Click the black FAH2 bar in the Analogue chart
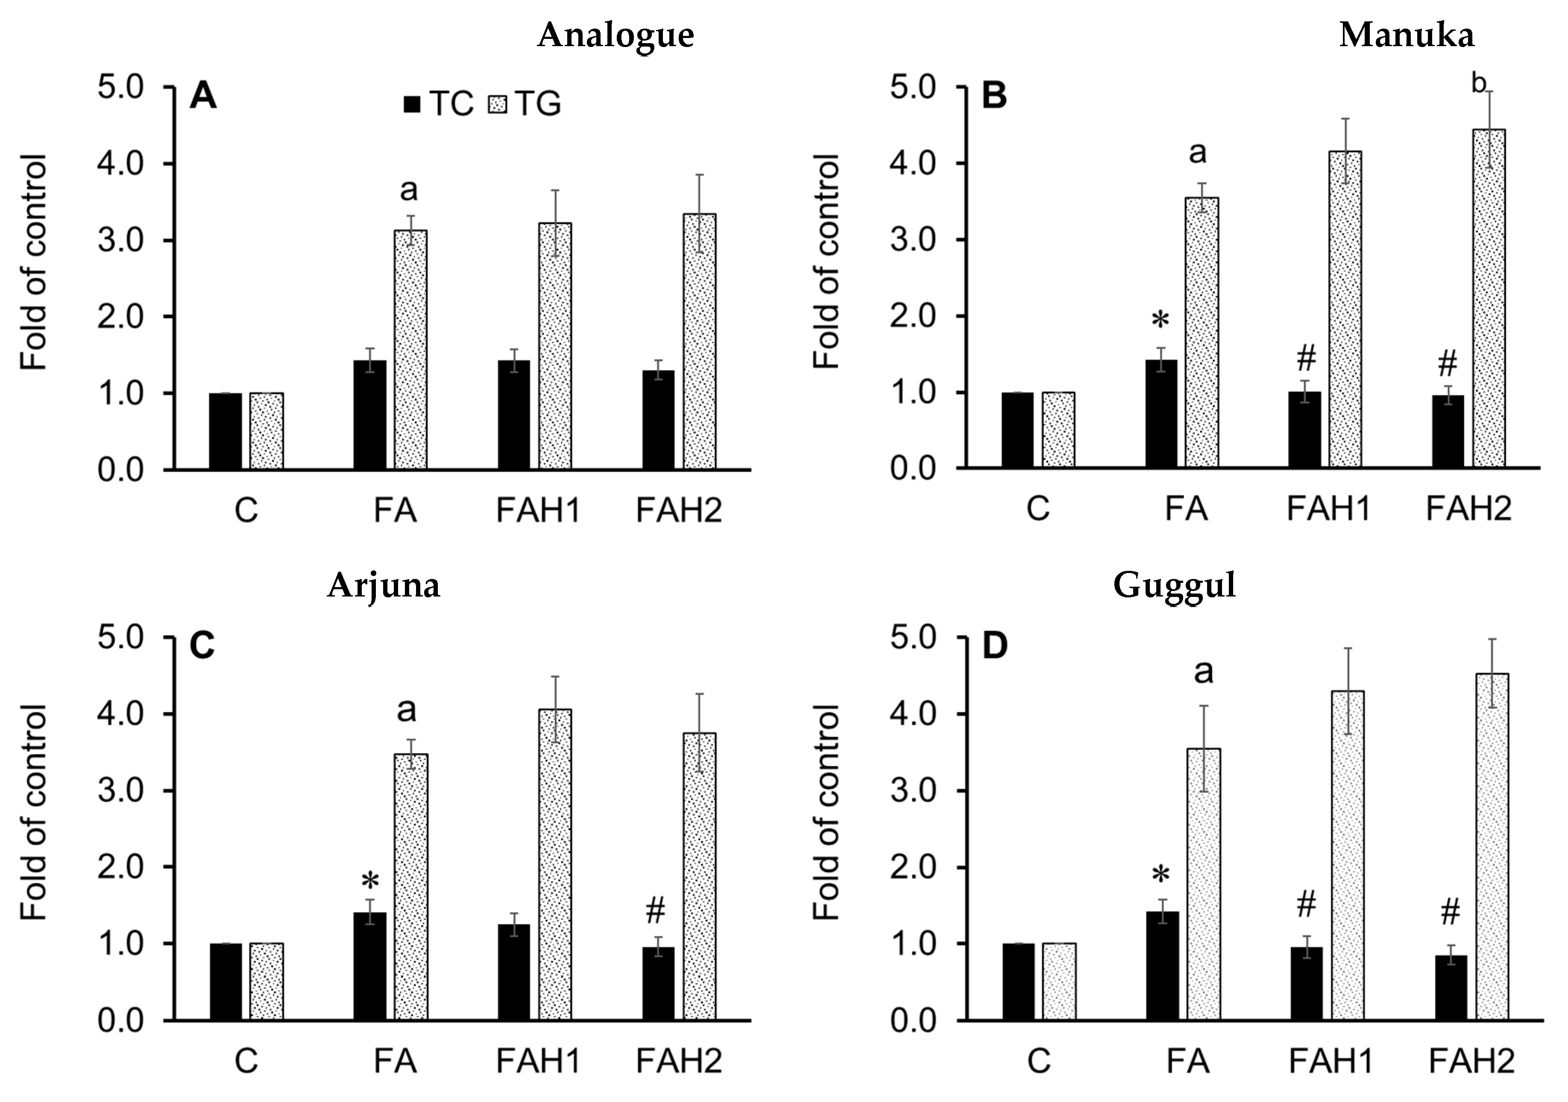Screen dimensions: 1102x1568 pyautogui.click(x=658, y=420)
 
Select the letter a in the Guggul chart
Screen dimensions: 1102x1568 pyautogui.click(x=1203, y=672)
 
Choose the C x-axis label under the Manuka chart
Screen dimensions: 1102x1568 pyautogui.click(x=1038, y=509)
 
